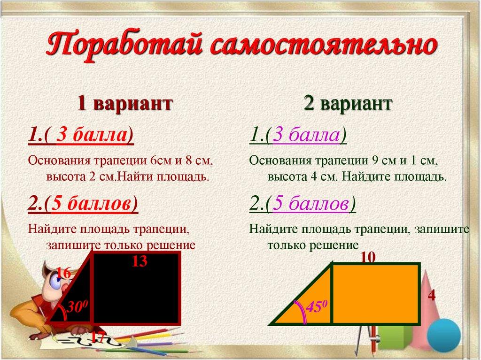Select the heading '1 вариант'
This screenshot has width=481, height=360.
tap(124, 103)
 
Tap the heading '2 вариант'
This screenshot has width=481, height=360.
tap(347, 103)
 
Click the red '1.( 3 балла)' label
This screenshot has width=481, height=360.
tap(81, 137)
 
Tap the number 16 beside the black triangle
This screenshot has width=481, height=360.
tap(63, 272)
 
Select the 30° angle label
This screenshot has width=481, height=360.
tap(76, 307)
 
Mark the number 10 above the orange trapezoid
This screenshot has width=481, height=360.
tap(369, 257)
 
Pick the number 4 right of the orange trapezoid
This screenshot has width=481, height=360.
tap(432, 296)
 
